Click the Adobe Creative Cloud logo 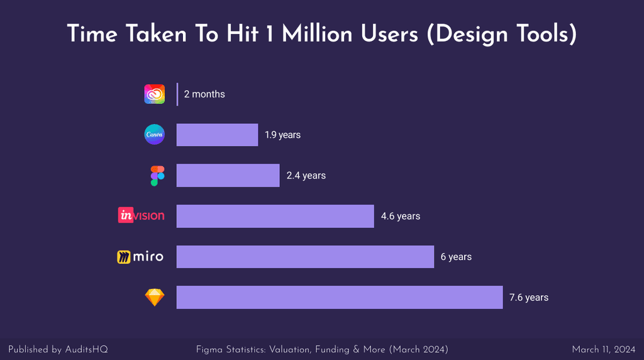[x=154, y=94]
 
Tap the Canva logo [x=154, y=135]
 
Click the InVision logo [x=142, y=216]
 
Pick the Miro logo [x=140, y=257]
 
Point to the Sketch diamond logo [x=154, y=297]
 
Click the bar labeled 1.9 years [x=217, y=135]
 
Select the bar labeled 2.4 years [x=228, y=176]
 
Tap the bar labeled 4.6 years [x=275, y=216]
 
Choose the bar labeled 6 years [x=305, y=257]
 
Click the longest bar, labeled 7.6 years [x=339, y=297]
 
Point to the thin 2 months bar [x=177, y=94]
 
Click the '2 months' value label [x=204, y=94]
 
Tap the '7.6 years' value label [x=529, y=297]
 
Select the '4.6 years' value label [x=401, y=216]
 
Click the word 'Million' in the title [x=318, y=34]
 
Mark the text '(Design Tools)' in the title [x=501, y=34]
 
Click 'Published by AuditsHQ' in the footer [x=53, y=349]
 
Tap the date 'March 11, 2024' [x=603, y=349]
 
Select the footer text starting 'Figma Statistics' [x=322, y=349]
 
